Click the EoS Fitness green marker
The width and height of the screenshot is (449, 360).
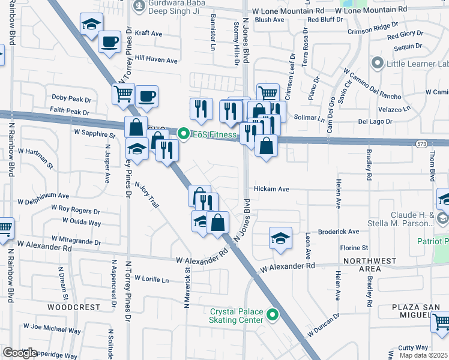[x=184, y=134]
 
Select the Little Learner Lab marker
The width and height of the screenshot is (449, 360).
[x=378, y=63]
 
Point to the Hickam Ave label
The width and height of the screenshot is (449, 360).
[x=271, y=189]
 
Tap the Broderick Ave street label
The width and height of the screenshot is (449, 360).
[x=338, y=232]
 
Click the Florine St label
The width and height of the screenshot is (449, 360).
[x=354, y=247]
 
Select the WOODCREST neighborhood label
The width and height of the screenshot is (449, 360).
[x=74, y=307]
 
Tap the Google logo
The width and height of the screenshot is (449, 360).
[x=20, y=353]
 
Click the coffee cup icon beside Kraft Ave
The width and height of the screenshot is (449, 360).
[x=109, y=42]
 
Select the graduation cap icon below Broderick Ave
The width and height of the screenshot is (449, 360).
[x=280, y=238]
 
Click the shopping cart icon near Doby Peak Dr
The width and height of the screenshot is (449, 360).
[x=123, y=94]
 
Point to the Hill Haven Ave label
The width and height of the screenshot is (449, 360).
[x=156, y=60]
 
